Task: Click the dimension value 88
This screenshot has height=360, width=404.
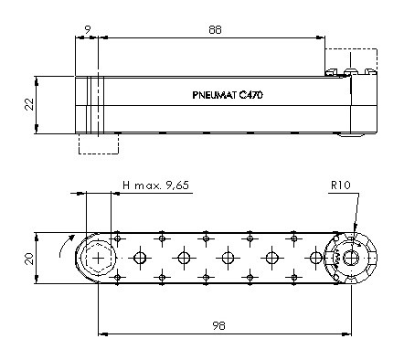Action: [x=215, y=30]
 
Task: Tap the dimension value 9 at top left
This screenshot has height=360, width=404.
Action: [x=88, y=30]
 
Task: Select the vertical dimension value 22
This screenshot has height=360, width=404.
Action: [x=29, y=104]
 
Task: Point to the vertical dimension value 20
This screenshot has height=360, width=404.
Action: [x=29, y=259]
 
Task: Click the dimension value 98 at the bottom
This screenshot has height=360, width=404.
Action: [x=218, y=325]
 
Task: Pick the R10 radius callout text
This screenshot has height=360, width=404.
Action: [x=341, y=185]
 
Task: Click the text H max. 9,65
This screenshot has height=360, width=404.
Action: [x=155, y=185]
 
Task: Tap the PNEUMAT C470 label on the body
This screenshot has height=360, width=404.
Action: [x=228, y=95]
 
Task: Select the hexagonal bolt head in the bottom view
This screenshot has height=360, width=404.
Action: [x=98, y=259]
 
